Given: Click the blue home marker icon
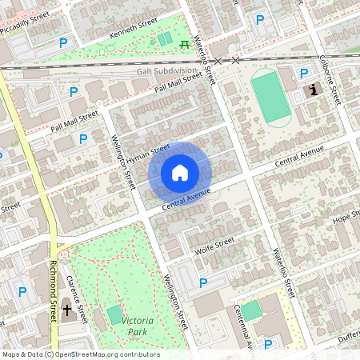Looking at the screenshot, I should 180,172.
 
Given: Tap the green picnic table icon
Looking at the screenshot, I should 186,44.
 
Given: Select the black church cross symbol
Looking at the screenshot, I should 67,310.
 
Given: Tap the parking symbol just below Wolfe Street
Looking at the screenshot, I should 203,283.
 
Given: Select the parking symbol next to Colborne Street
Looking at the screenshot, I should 303,74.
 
